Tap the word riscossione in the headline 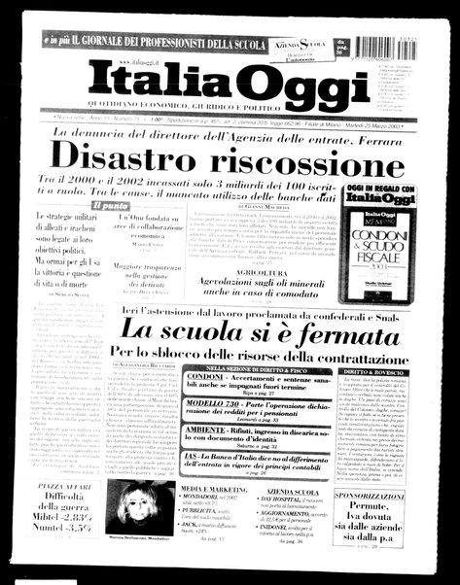point(310,155)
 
